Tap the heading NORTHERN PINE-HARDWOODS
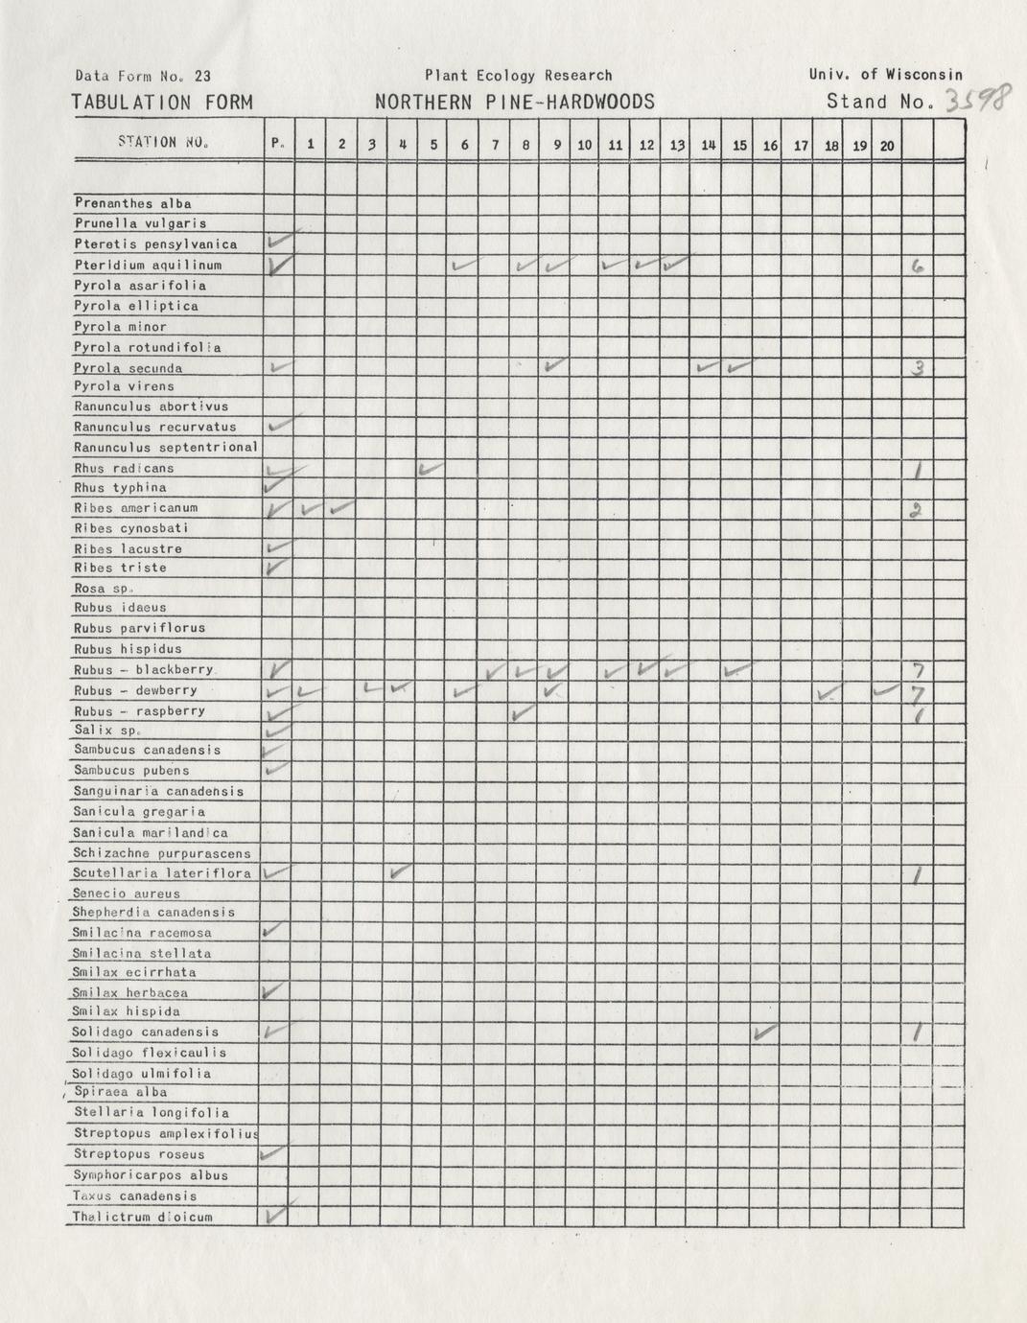point(515,103)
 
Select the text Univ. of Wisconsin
point(885,74)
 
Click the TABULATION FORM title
point(162,103)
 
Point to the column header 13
point(677,145)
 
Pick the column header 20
point(886,146)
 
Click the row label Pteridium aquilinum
point(149,265)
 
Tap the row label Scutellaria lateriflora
point(162,873)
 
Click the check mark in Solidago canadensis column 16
point(765,1033)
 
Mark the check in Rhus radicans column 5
point(432,469)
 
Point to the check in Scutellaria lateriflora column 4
point(401,872)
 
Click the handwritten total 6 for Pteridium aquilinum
point(917,267)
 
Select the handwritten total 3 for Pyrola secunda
point(917,368)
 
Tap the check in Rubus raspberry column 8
point(523,712)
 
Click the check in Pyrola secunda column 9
point(553,365)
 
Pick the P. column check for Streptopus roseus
point(274,1153)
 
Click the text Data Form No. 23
point(143,77)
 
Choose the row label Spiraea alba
point(121,1092)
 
